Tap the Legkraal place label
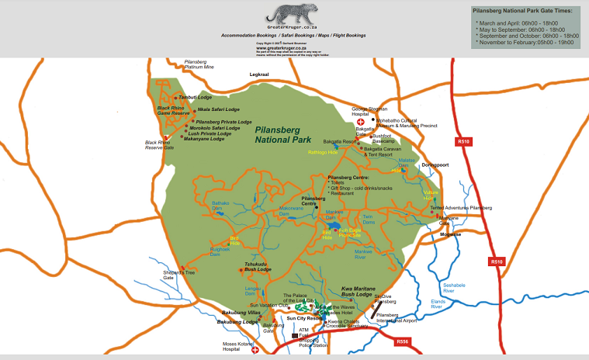(258, 74)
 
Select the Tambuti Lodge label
(196, 98)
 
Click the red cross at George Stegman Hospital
(359, 122)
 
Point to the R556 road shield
(402, 341)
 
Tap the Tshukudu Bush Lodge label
(256, 267)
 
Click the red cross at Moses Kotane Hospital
(255, 351)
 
